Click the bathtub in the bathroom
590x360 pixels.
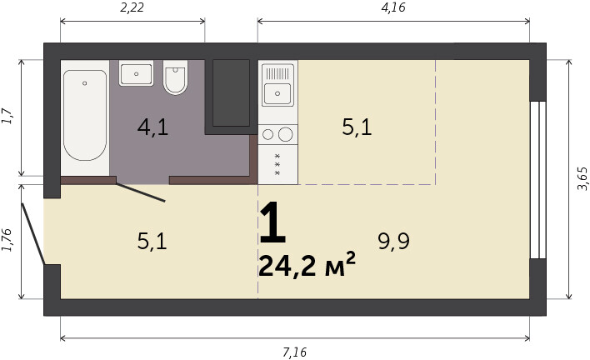(x=85, y=115)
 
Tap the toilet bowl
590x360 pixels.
(x=175, y=77)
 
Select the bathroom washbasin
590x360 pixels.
(x=136, y=73)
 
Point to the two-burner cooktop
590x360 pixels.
(x=277, y=134)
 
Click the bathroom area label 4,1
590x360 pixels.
(x=152, y=127)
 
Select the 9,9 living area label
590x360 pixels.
(x=393, y=241)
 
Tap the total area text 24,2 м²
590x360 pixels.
(x=307, y=264)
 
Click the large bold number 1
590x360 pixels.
(x=272, y=222)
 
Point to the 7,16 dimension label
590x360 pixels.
(x=295, y=352)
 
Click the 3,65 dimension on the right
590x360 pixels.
(x=582, y=178)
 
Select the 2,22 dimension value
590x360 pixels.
(x=132, y=7)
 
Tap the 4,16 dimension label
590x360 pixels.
(x=393, y=7)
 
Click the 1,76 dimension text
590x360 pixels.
(x=7, y=240)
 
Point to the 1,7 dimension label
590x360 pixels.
(x=7, y=116)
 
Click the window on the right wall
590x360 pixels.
(x=537, y=180)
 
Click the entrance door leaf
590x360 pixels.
(x=33, y=234)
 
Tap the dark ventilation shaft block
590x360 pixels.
(x=231, y=92)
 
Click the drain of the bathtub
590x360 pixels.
(x=85, y=83)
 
